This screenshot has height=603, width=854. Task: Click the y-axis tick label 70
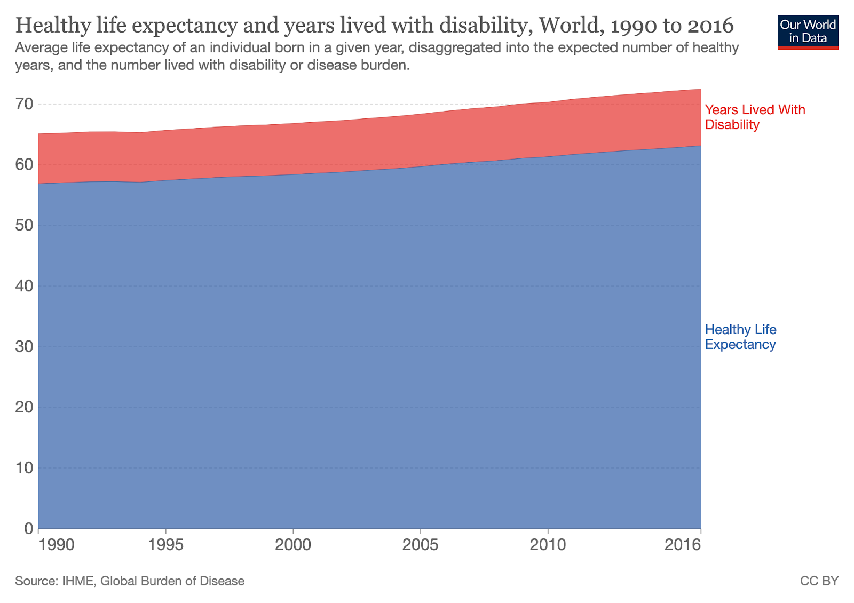pos(25,104)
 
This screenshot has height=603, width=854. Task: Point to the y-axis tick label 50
pos(25,225)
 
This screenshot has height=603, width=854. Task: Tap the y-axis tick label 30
pos(25,346)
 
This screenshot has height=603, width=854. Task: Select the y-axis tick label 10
pos(25,467)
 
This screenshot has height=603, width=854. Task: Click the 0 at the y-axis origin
pos(28,528)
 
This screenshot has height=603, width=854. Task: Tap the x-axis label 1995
pos(166,545)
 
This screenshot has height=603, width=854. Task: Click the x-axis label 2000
pos(293,545)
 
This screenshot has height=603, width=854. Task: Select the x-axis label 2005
pos(421,545)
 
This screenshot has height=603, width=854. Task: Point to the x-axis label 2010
pos(548,545)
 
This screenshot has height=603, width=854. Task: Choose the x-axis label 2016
pos(683,545)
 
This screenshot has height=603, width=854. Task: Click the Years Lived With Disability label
pos(755,117)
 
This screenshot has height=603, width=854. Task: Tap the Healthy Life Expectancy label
pos(740,337)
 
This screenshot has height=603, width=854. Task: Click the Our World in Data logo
pos(808,32)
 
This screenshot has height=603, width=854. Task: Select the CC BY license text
pos(819,581)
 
